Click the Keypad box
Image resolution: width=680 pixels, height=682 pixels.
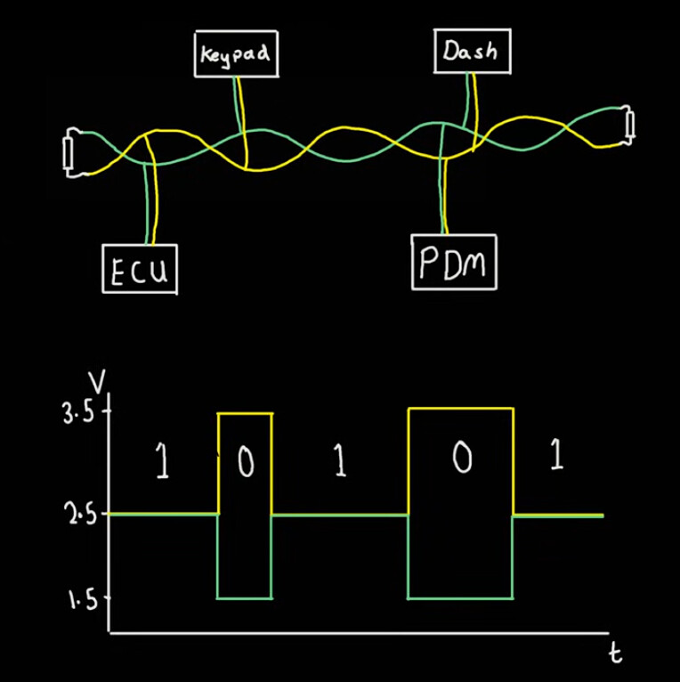(237, 54)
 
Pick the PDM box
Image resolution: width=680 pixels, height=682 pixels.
(453, 263)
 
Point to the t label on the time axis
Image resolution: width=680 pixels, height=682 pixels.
(614, 654)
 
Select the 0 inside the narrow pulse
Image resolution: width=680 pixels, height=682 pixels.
(246, 463)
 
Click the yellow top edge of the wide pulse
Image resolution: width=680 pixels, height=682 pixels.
(460, 409)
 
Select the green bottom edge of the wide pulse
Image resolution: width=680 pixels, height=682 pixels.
(460, 597)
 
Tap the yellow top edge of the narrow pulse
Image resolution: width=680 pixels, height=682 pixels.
(246, 413)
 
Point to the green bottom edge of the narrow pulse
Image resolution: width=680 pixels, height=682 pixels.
(246, 597)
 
